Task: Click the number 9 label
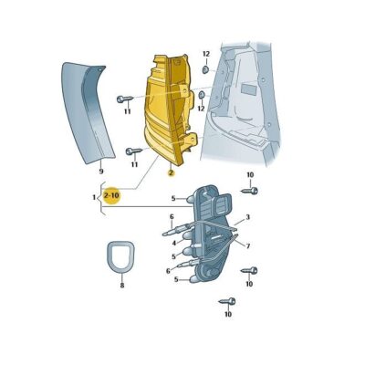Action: pyautogui.click(x=100, y=171)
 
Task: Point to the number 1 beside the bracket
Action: pyautogui.click(x=94, y=196)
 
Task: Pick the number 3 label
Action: pyautogui.click(x=246, y=218)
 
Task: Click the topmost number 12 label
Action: pyautogui.click(x=205, y=55)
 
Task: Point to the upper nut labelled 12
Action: pyautogui.click(x=205, y=69)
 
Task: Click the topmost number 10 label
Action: pyautogui.click(x=251, y=173)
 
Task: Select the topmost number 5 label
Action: pyautogui.click(x=172, y=198)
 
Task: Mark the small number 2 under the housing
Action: pyautogui.click(x=170, y=171)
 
